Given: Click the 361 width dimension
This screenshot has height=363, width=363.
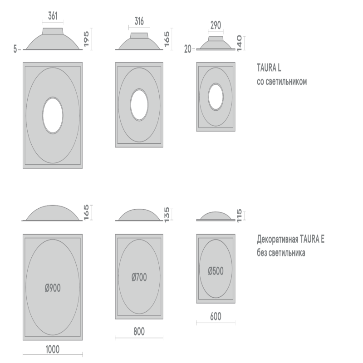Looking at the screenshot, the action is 53,16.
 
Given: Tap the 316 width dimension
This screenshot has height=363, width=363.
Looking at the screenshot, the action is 139,21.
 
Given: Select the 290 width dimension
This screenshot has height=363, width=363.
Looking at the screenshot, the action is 216,25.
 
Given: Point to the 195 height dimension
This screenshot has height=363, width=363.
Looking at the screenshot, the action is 86,39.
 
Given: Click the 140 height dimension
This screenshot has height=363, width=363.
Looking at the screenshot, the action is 239,43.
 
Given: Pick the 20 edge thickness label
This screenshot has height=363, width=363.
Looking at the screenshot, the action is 188,49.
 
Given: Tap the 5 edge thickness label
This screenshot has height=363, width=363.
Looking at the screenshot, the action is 15,49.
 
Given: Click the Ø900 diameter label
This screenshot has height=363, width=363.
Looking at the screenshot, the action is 53,288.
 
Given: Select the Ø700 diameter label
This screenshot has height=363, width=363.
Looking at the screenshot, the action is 139,277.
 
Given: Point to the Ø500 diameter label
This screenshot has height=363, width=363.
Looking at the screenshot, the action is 216,271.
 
